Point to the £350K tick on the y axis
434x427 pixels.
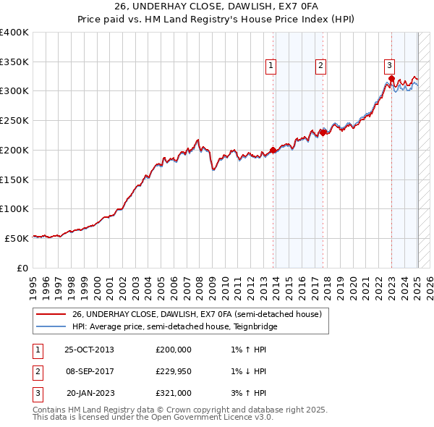tap(14, 62)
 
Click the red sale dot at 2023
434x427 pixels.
tap(391, 79)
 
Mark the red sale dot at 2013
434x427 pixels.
tap(273, 151)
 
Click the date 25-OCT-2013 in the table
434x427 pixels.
tap(90, 350)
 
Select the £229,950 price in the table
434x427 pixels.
tap(174, 371)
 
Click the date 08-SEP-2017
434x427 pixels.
tap(90, 371)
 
